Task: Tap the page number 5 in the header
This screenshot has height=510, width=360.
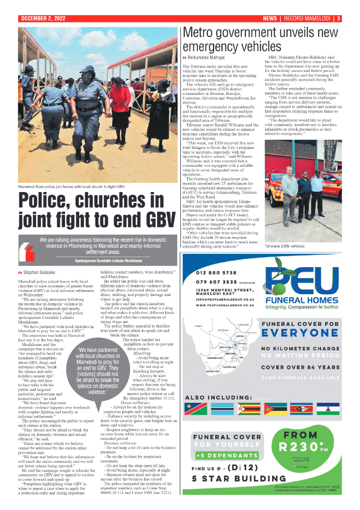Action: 338,19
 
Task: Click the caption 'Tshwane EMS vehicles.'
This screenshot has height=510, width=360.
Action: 285,246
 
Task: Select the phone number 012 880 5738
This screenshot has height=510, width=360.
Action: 216,273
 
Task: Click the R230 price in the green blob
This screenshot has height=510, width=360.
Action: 300,446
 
